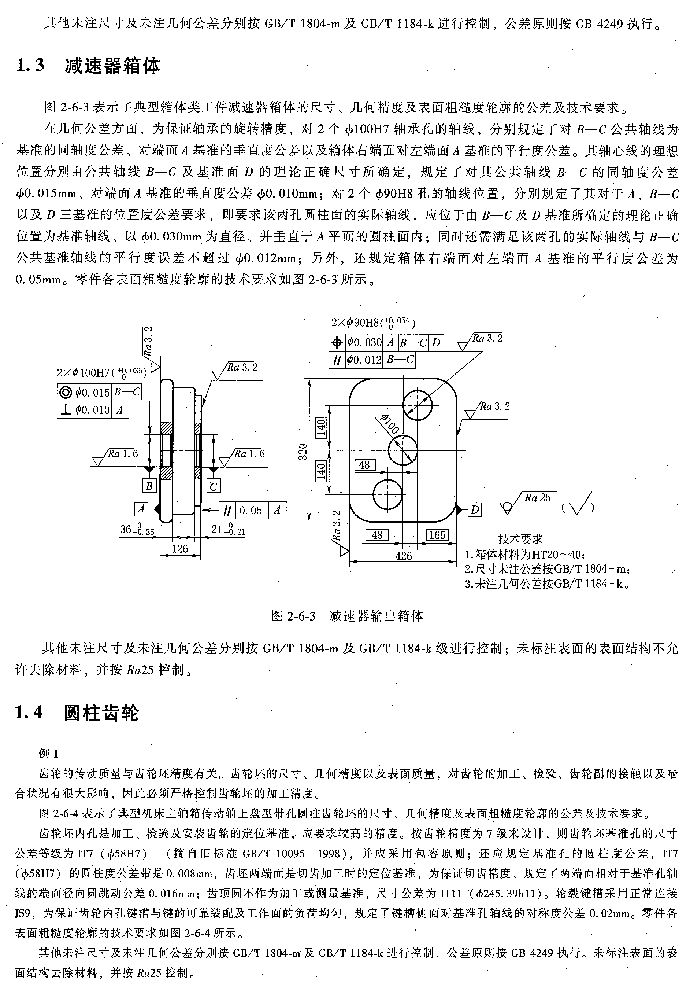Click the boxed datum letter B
pyautogui.click(x=149, y=486)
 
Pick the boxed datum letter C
pyautogui.click(x=214, y=487)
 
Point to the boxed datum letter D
pyautogui.click(x=475, y=510)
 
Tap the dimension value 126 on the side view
pyautogui.click(x=179, y=549)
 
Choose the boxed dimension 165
pyautogui.click(x=437, y=535)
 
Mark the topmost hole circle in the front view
pyautogui.click(x=417, y=405)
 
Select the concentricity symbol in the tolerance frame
pyautogui.click(x=66, y=392)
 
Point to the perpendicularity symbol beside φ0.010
pyautogui.click(x=66, y=410)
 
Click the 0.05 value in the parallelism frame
pyautogui.click(x=251, y=511)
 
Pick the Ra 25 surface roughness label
pyautogui.click(x=537, y=498)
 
